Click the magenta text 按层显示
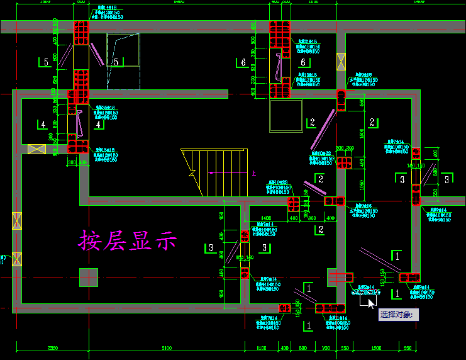[128, 240]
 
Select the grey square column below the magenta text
[89, 277]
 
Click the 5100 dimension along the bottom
[166, 348]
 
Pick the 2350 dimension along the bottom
[52, 348]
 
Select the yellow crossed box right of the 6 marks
[341, 61]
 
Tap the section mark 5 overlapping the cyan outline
[116, 62]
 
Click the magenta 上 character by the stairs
[253, 173]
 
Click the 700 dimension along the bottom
[326, 348]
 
